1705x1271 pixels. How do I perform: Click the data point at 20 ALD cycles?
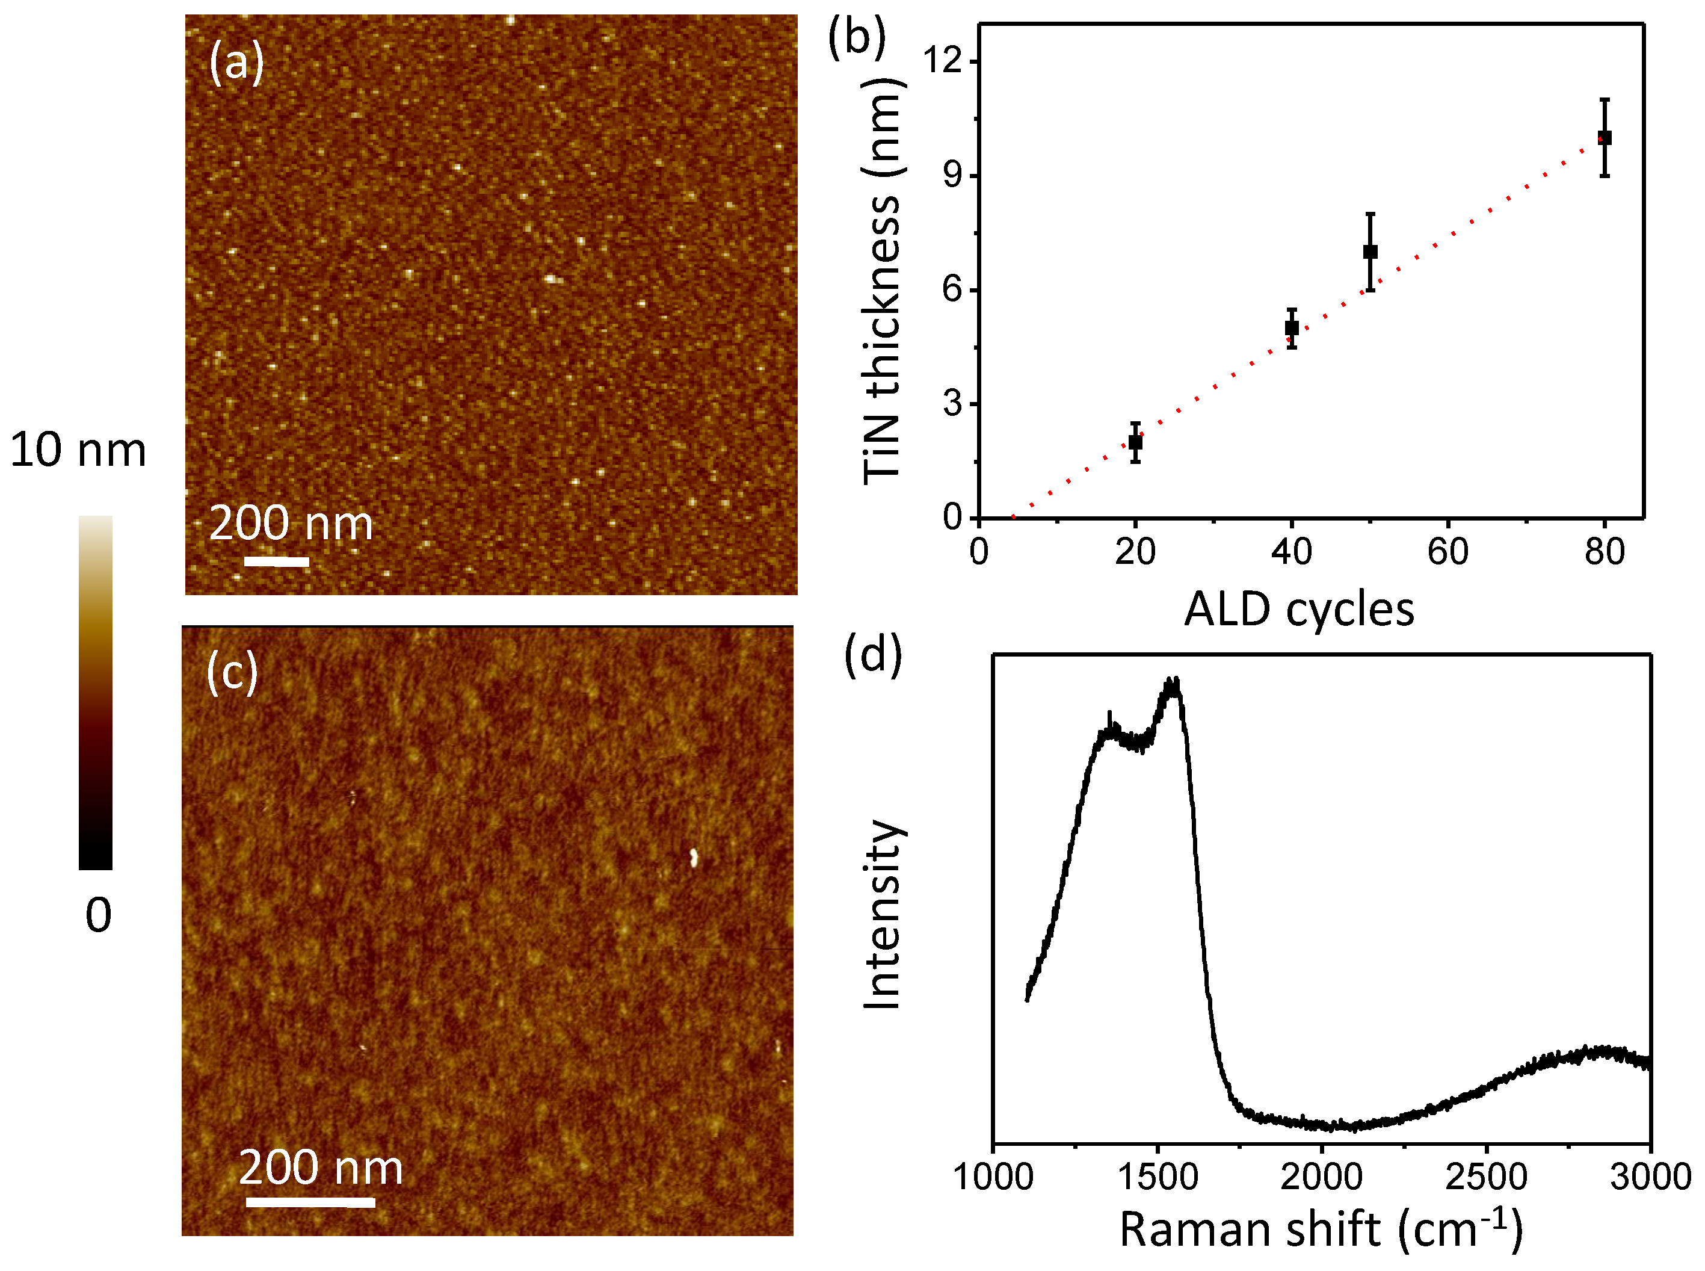click(1135, 442)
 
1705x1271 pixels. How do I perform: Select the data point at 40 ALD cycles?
click(1292, 329)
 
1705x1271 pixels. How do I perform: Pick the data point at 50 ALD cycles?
click(1370, 252)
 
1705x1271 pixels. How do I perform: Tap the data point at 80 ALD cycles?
click(1605, 138)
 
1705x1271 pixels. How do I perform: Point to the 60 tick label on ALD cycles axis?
click(1448, 552)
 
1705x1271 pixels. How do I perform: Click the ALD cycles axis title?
click(1299, 610)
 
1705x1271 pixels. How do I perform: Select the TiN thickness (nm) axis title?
click(881, 281)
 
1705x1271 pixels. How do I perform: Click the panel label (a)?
click(236, 61)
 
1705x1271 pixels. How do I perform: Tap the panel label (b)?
click(857, 37)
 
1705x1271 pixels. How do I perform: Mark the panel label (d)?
click(873, 655)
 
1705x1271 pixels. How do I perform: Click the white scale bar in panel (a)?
click(276, 561)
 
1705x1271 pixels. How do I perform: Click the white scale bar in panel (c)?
click(310, 1202)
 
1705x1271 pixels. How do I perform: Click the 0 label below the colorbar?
click(99, 915)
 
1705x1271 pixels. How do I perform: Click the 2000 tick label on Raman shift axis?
click(1321, 1177)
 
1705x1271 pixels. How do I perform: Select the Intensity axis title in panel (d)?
click(881, 914)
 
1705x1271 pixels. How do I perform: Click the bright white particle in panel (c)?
click(693, 857)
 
